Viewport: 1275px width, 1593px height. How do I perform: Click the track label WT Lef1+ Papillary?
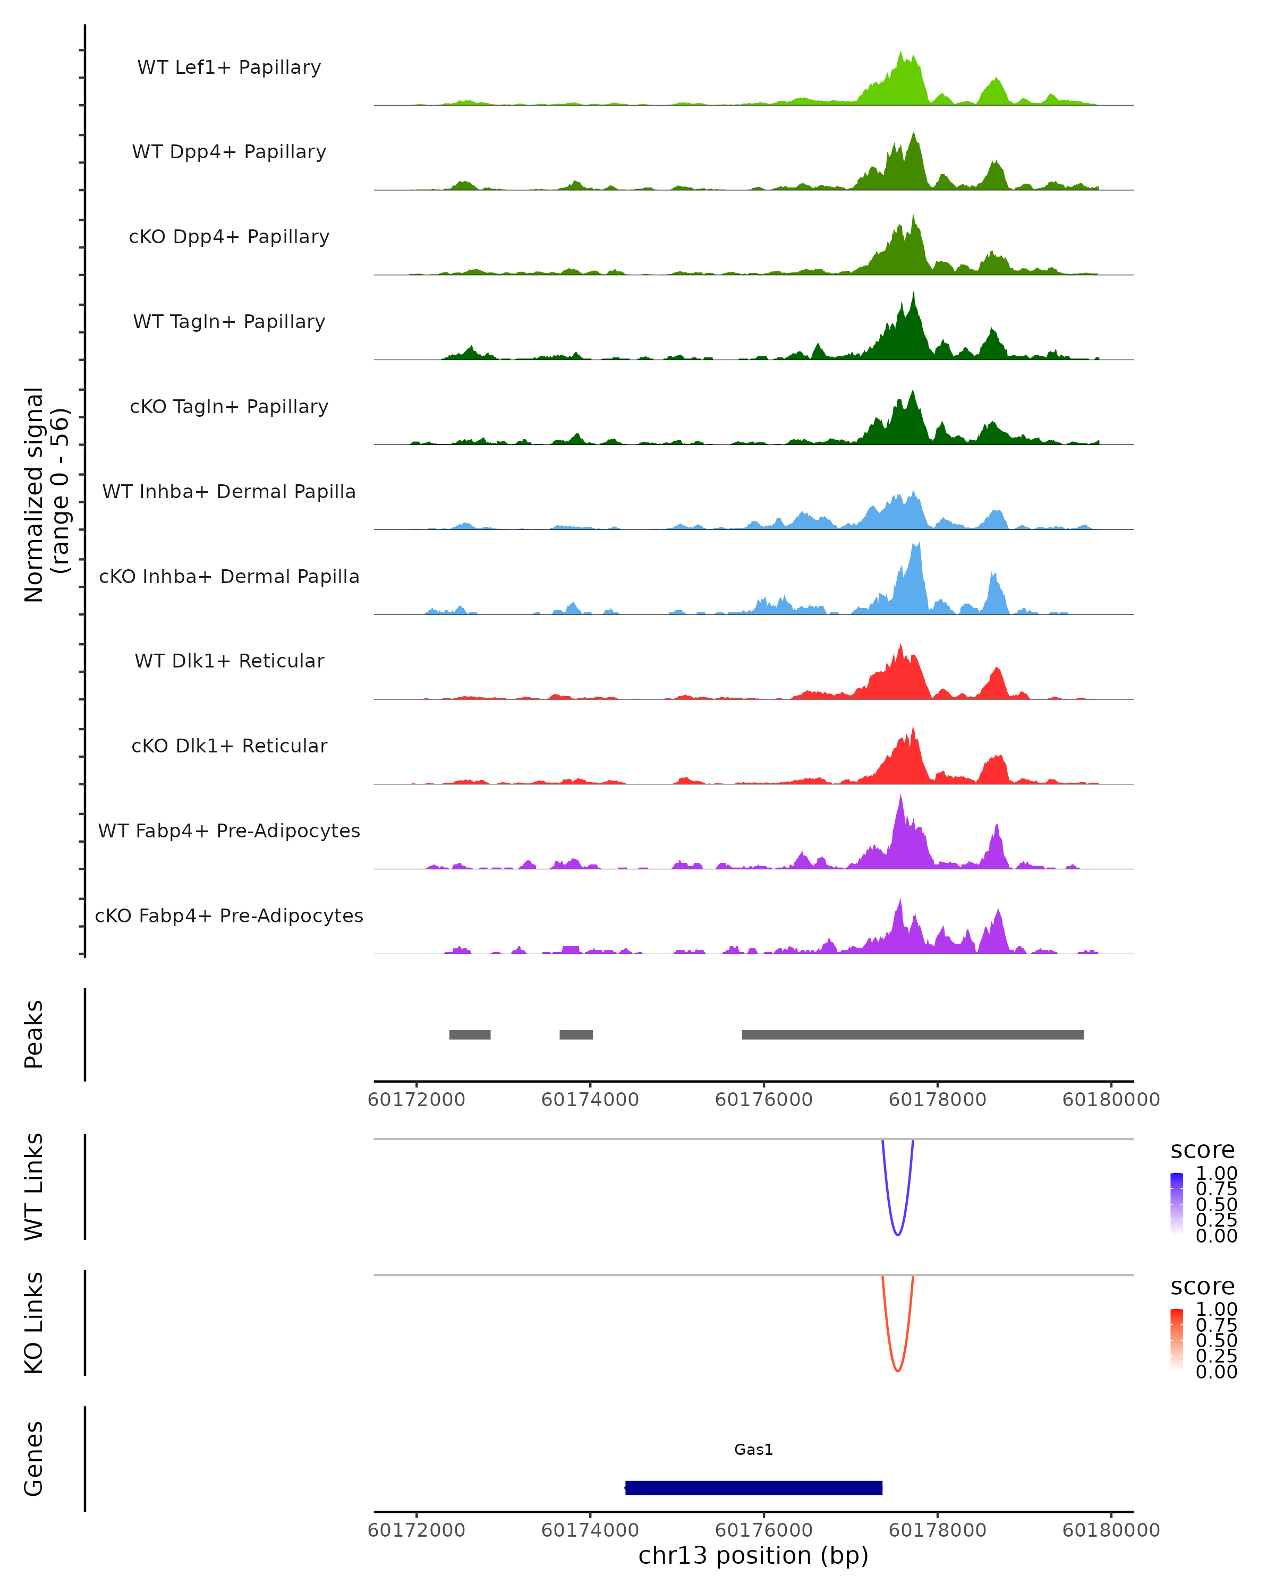tap(229, 67)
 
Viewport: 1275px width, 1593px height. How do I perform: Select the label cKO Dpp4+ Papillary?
tap(229, 236)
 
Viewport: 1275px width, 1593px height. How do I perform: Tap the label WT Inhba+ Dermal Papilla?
tap(229, 491)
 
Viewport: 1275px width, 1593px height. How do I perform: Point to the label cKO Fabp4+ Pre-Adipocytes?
tap(229, 915)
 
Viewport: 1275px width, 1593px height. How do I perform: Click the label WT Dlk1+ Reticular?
tap(229, 661)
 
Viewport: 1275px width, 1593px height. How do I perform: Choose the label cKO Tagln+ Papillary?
tap(229, 406)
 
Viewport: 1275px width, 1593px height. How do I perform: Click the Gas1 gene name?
tap(753, 1450)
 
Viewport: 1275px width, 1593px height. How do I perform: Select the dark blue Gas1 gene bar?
tap(753, 1487)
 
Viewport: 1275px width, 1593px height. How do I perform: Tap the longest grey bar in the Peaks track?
tap(912, 1034)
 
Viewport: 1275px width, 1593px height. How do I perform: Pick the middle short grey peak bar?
tap(576, 1034)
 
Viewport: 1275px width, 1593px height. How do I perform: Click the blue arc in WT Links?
tap(897, 1234)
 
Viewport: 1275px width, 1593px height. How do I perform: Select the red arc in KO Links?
tap(897, 1371)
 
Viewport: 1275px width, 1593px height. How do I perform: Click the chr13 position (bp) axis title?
tap(753, 1555)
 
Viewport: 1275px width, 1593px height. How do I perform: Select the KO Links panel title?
tap(34, 1323)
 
